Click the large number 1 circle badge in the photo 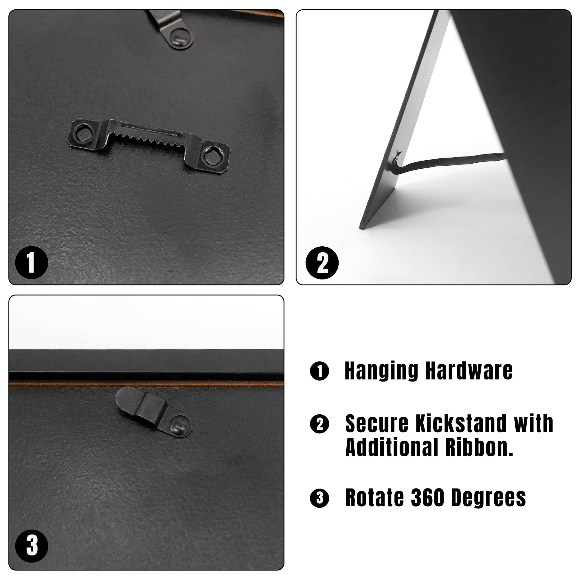(32, 263)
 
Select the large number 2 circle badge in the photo (322, 263)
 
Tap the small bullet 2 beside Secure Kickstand (319, 424)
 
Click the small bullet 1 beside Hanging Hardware (319, 371)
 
